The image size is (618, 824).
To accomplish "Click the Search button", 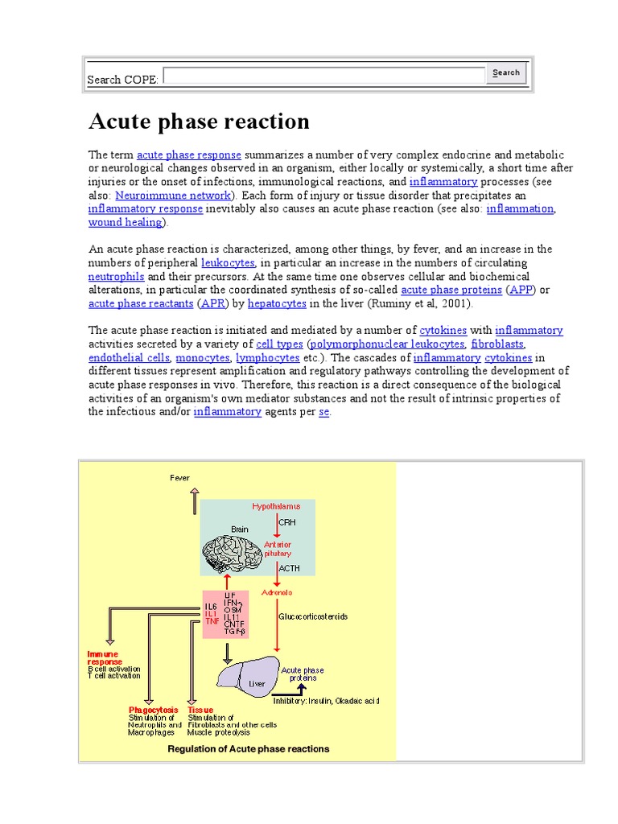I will coord(506,73).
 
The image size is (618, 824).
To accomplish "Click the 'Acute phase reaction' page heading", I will coord(199,122).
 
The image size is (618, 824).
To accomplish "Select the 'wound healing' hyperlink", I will coord(125,222).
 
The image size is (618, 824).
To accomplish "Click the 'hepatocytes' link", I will coord(277,303).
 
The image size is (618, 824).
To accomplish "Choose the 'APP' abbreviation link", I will coord(521,290).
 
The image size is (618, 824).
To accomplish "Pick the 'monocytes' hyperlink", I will coord(202,358).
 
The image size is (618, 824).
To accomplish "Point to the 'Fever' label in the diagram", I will coord(180,478).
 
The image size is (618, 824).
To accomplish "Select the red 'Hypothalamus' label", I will coord(276,507).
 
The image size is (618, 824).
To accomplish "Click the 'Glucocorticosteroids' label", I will coord(314,616).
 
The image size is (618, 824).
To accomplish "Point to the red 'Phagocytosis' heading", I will coord(152,711).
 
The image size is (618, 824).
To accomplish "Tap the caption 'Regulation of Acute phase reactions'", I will coord(248,749).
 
